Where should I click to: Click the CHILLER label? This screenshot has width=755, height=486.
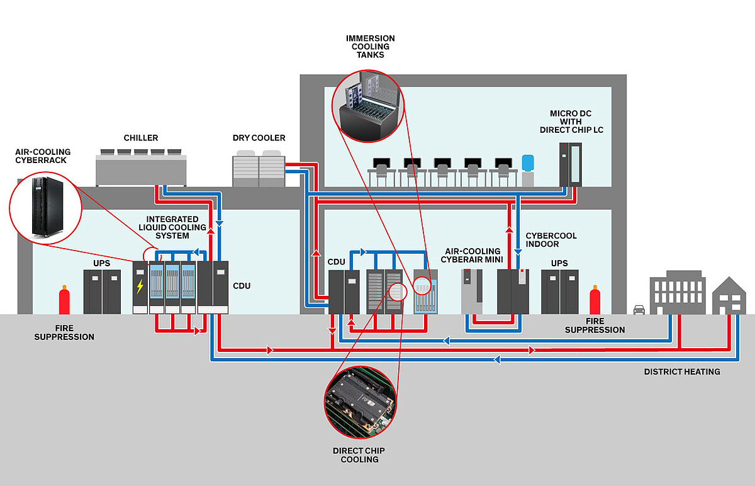pos(140,138)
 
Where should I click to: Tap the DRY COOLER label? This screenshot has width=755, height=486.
pos(259,138)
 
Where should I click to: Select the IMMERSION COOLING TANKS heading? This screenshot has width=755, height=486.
pos(370,47)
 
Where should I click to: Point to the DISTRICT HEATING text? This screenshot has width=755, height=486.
pos(682,371)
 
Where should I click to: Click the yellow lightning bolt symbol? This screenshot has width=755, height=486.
pos(140,286)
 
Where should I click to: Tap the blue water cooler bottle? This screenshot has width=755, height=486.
pos(528,163)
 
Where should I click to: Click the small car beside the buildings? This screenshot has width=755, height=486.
pos(639,310)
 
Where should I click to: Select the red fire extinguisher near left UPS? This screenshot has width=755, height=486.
pos(64,300)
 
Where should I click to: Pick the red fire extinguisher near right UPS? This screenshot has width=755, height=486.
pos(595,300)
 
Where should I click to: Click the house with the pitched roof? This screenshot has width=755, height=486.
pos(729,296)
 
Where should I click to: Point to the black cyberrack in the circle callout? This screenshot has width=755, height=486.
pos(47,206)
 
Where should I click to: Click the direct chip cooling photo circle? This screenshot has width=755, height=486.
pos(361,402)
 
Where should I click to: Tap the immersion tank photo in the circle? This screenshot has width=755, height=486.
pos(368,106)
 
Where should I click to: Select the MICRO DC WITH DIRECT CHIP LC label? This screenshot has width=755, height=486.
pos(571,121)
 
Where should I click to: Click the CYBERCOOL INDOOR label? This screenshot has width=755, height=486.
pos(551,240)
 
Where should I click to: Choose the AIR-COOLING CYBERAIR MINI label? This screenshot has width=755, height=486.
pos(472,256)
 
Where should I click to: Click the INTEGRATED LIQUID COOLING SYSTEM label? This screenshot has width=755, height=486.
pos(172,227)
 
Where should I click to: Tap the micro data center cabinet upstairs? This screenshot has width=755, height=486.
pos(570,164)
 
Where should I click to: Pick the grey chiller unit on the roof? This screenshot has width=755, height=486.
pos(141,167)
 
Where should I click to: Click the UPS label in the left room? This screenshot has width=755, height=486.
pos(101,263)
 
